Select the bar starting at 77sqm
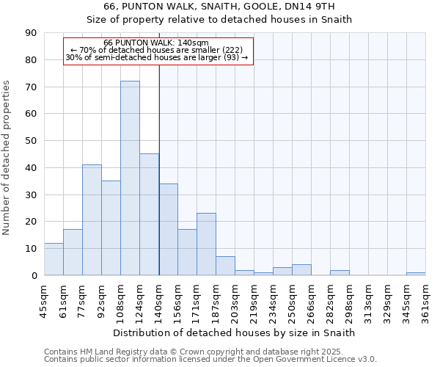tap(92, 220)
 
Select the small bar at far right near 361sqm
tap(416, 274)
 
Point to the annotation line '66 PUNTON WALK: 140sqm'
tap(157, 43)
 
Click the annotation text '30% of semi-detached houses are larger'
tap(157, 57)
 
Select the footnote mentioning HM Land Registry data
tap(199, 352)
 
